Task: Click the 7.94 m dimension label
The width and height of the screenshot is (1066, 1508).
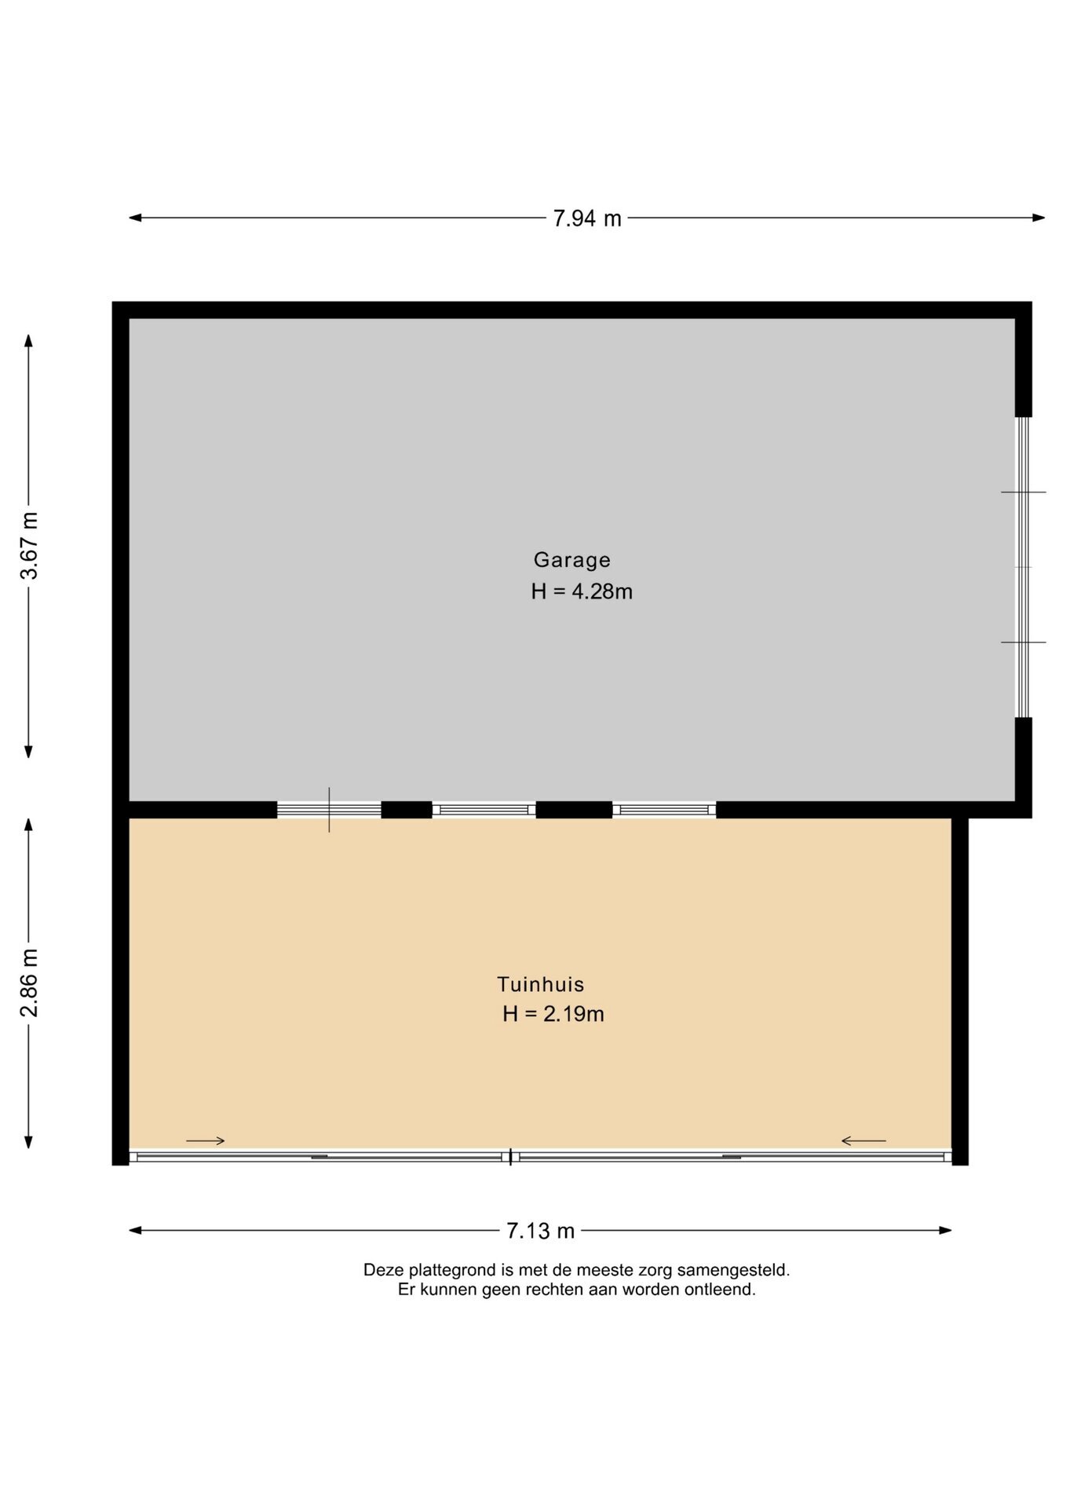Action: point(586,218)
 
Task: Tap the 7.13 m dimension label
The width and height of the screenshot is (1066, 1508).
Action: point(540,1231)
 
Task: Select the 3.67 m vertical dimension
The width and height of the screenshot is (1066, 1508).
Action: point(29,545)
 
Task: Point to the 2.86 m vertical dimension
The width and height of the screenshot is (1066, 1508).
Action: point(29,983)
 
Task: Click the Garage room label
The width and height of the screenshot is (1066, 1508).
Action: point(571,560)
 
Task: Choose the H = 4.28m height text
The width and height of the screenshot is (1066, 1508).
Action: point(582,591)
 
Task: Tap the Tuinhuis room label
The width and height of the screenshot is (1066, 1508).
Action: point(541,984)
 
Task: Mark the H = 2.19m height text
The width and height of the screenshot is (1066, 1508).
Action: point(553,1014)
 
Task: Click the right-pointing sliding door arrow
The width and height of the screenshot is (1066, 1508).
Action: point(206,1140)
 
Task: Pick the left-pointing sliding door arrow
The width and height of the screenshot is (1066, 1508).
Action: point(863,1140)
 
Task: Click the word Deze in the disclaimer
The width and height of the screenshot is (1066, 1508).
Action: point(381,1270)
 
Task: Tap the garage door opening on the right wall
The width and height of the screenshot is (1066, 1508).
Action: point(1023,567)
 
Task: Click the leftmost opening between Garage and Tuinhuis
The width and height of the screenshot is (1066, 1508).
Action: point(329,810)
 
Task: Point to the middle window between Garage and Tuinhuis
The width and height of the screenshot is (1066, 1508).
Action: point(484,810)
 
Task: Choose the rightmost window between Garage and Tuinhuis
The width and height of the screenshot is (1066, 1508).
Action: point(664,810)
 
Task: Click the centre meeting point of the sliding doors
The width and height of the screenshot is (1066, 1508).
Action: point(511,1157)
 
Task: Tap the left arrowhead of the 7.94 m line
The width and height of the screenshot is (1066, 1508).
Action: point(135,218)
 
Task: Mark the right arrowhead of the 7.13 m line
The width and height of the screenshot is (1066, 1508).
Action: point(946,1230)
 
